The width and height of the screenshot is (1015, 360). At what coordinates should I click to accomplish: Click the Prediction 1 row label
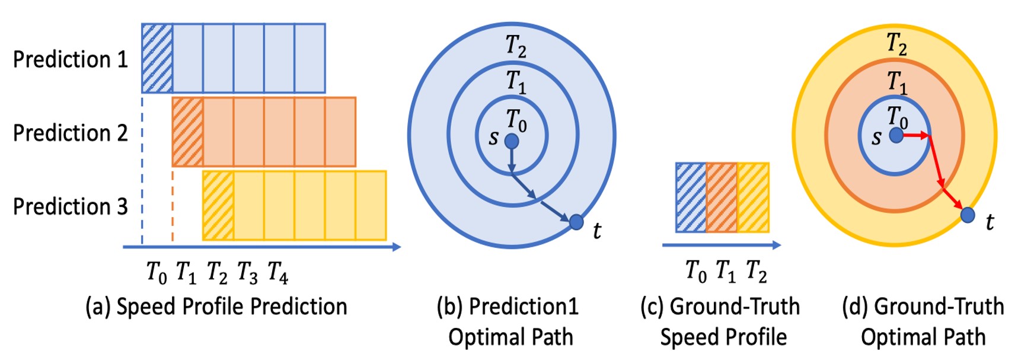(70, 59)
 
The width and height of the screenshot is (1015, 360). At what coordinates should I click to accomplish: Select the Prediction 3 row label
(70, 206)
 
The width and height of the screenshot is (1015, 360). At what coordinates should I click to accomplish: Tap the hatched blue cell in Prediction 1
(157, 58)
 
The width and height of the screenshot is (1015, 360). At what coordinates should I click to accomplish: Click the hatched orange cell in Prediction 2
(187, 132)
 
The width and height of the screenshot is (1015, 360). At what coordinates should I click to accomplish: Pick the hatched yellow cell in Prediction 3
(218, 205)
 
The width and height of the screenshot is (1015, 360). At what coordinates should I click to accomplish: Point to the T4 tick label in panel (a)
(277, 272)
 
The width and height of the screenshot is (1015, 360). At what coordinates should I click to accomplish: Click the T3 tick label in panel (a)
(247, 272)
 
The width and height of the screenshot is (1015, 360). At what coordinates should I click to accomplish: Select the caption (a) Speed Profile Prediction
(216, 307)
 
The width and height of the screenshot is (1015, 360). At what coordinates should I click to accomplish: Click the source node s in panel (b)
(511, 141)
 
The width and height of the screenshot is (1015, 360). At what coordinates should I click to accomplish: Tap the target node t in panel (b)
(576, 222)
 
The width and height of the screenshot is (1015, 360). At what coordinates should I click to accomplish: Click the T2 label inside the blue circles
(515, 45)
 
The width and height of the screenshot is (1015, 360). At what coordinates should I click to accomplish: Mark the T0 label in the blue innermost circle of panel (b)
(516, 120)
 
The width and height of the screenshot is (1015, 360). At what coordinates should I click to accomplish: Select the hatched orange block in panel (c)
(722, 197)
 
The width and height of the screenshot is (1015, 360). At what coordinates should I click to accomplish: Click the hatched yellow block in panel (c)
(753, 197)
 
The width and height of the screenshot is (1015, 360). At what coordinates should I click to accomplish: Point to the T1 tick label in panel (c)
(725, 271)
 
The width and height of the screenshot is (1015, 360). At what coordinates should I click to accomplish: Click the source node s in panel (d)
(896, 136)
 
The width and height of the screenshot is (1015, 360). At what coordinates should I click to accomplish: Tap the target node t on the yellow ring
(968, 214)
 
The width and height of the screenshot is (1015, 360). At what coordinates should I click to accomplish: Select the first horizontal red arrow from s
(915, 136)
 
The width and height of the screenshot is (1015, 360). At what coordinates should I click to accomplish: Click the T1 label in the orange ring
(896, 82)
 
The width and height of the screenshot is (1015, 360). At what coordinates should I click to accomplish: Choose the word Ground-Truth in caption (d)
(939, 307)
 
